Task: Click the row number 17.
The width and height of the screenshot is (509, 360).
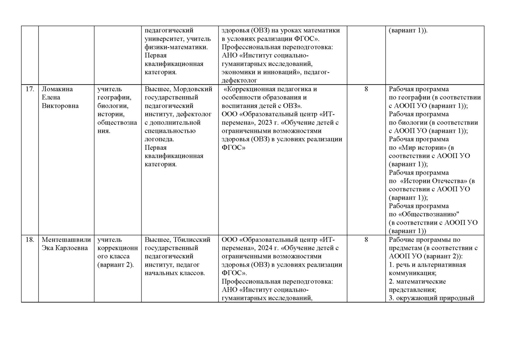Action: click(30, 89)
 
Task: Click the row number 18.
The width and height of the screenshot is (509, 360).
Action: click(30, 240)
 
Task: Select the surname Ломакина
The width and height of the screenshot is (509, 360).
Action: click(57, 89)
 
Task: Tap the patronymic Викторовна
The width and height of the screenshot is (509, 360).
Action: click(60, 106)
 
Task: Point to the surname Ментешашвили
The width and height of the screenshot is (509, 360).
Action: click(67, 240)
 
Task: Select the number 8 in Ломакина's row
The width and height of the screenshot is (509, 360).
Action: click(366, 89)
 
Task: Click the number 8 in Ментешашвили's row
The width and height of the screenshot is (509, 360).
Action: click(366, 240)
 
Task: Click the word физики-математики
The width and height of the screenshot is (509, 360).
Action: click(176, 47)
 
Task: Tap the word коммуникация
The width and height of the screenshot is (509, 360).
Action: click(412, 273)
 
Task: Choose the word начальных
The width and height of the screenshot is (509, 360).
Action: click(160, 273)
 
